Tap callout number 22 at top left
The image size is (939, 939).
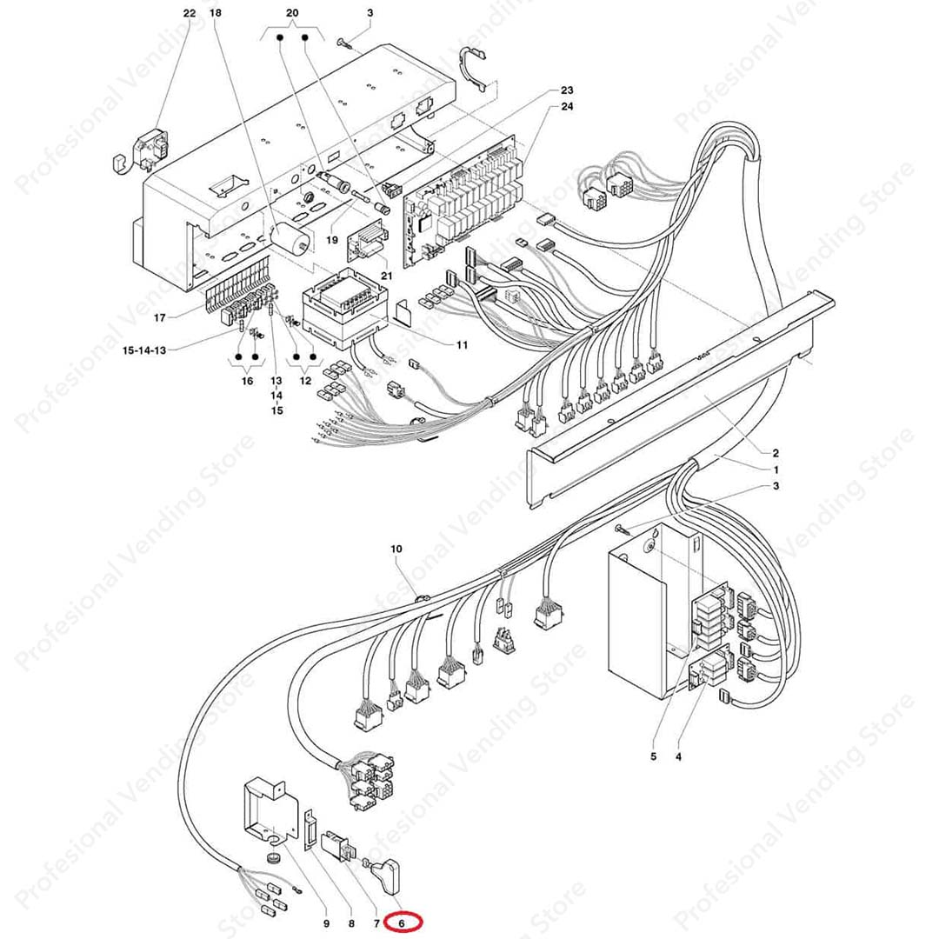click(x=190, y=13)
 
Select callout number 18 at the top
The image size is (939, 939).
click(x=216, y=13)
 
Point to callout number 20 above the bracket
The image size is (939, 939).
click(x=292, y=13)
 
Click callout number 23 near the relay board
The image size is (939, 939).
click(x=567, y=90)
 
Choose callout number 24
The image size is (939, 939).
click(x=567, y=107)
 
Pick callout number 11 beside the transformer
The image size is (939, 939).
click(x=462, y=345)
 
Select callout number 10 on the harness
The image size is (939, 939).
click(x=396, y=549)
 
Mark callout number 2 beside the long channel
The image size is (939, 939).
click(x=775, y=452)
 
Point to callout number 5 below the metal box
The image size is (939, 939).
click(x=653, y=756)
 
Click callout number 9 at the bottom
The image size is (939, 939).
click(x=326, y=922)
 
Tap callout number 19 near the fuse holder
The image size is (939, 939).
click(x=332, y=238)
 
